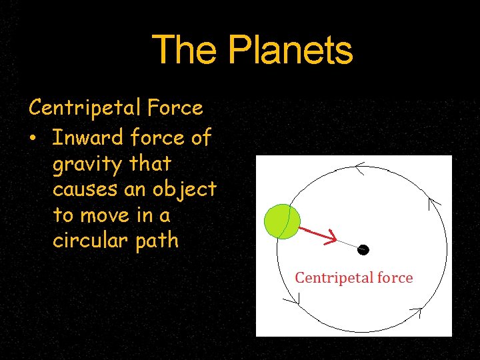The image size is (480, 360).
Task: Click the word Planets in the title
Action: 290,51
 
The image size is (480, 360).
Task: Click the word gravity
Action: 89,164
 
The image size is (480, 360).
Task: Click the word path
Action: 155,240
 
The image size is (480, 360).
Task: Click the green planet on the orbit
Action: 282,221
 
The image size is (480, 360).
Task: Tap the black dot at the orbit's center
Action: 363,250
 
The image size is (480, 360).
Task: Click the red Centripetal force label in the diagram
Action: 353,278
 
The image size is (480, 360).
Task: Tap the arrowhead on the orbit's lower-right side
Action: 415,311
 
